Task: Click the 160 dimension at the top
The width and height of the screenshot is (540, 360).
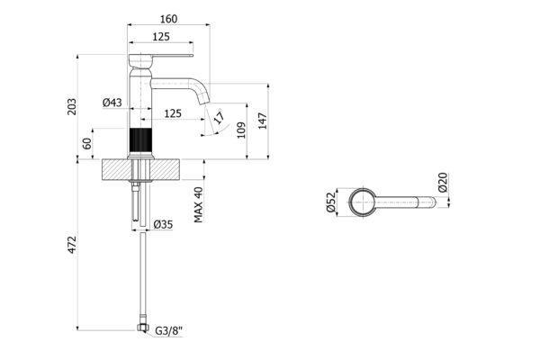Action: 169,19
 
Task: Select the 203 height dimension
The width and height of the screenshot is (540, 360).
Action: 72,106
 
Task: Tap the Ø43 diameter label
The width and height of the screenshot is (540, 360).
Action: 112,103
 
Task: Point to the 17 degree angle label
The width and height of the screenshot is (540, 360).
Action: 219,116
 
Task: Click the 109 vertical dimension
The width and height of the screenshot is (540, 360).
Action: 241,130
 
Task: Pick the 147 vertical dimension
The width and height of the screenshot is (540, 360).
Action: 263,121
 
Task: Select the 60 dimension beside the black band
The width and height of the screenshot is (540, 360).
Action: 87,143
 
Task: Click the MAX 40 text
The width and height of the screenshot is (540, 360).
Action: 198,204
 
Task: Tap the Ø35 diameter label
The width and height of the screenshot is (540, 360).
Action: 163,225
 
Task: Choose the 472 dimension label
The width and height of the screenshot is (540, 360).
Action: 72,245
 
